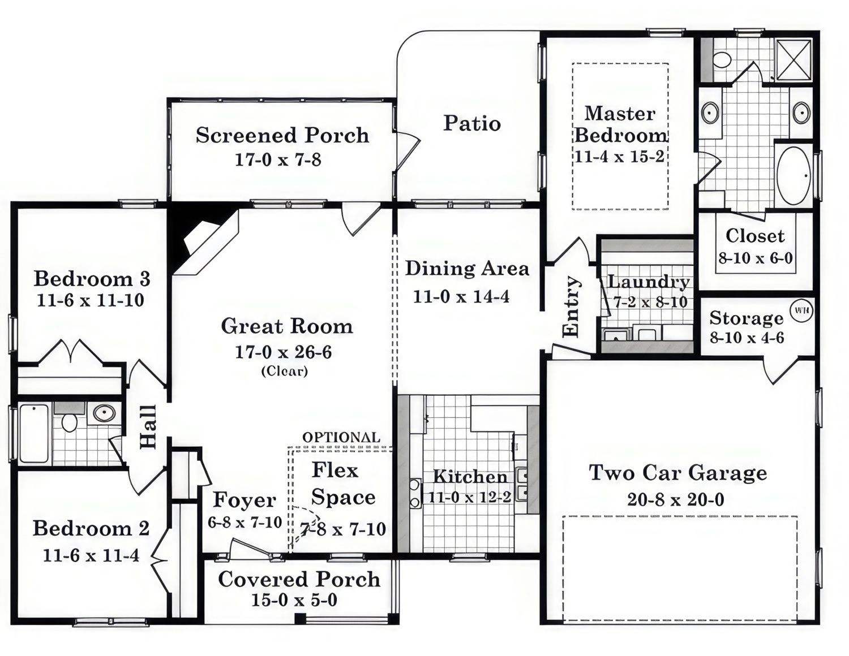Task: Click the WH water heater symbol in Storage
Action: point(801,310)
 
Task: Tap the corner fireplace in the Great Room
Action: point(204,240)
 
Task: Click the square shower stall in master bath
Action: point(794,60)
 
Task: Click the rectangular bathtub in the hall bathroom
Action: point(35,433)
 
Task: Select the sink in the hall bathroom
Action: point(104,413)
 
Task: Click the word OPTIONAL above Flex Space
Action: point(341,437)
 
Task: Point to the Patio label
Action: point(471,123)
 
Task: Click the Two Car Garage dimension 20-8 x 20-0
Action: point(675,499)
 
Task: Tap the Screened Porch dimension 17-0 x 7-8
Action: point(278,160)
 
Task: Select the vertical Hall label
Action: point(148,427)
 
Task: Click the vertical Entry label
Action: point(572,307)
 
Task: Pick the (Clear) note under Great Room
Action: point(284,372)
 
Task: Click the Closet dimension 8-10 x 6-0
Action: point(756,258)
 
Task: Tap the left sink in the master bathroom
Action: point(710,113)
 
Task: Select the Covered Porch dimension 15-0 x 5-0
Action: point(294,600)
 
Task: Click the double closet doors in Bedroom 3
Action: point(70,352)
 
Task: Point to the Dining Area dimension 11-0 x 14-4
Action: point(461,296)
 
